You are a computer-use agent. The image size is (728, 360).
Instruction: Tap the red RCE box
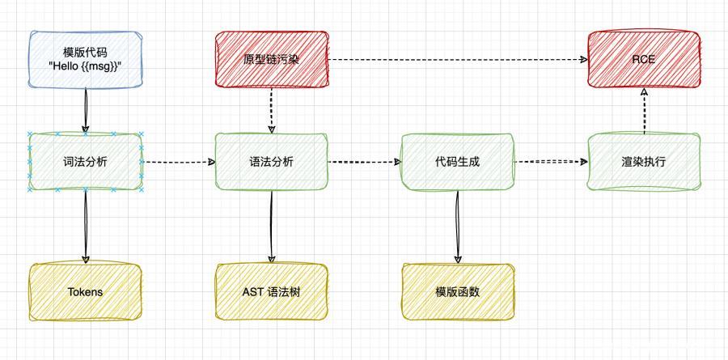644,59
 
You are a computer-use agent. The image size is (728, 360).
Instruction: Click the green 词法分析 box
85,162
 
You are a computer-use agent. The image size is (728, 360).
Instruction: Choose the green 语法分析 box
272,162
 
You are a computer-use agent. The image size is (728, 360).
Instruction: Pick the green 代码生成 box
458,162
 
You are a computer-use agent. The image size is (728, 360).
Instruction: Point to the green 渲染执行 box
644,162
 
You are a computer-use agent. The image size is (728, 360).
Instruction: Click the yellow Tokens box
85,291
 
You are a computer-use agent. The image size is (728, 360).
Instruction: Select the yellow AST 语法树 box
272,291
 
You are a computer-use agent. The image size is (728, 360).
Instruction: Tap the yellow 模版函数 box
458,291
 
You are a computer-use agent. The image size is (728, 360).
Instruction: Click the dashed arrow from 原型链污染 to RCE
458,60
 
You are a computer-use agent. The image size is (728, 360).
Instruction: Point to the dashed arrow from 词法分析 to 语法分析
179,162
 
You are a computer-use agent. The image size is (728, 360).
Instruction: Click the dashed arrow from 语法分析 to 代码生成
365,162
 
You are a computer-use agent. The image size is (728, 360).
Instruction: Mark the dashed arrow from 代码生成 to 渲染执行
551,162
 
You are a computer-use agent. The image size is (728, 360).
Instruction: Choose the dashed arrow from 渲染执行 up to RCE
644,112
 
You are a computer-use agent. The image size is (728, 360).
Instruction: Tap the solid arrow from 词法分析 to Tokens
85,227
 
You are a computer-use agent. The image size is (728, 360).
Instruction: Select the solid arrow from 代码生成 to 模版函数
458,227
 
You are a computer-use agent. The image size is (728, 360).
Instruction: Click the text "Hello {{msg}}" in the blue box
85,66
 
